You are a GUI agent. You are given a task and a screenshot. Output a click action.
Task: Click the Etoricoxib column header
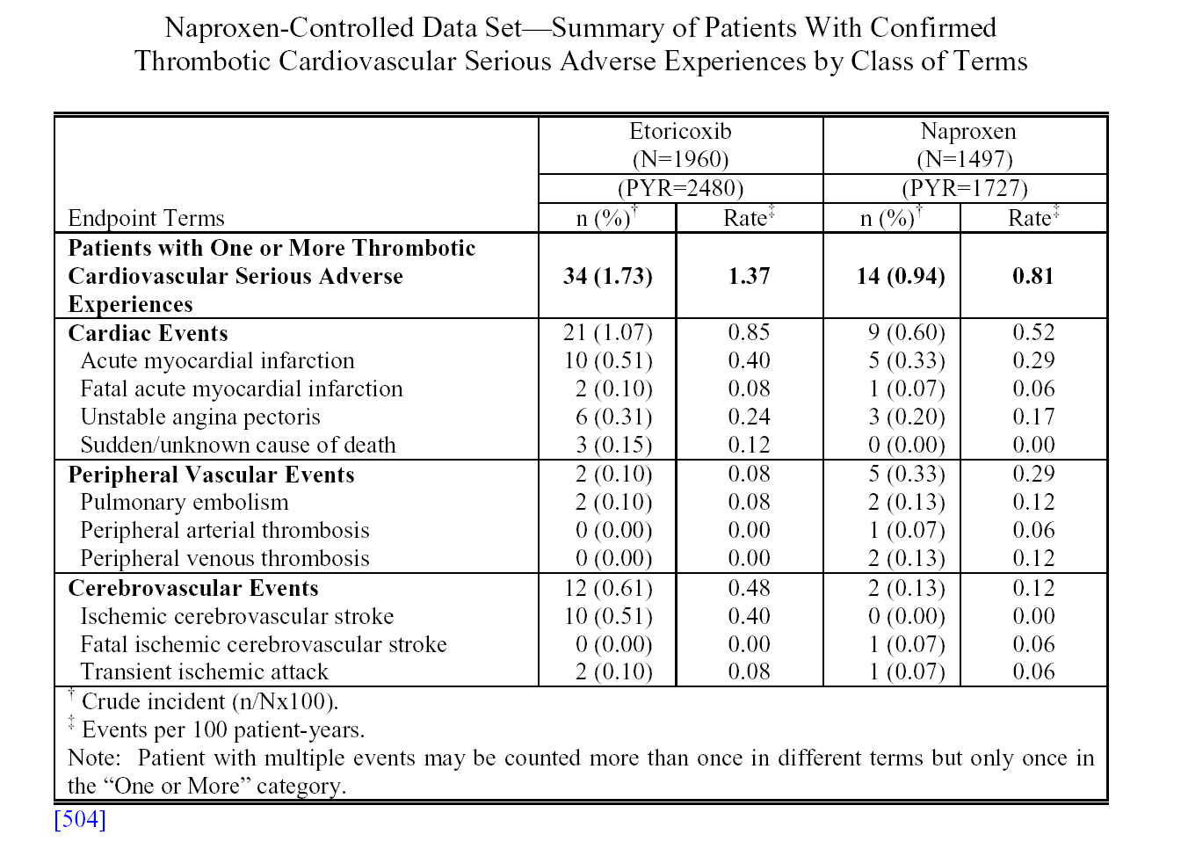coord(680,131)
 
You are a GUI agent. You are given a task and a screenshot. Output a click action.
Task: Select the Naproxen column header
coord(968,131)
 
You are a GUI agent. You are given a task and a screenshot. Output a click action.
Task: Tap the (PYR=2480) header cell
coord(680,188)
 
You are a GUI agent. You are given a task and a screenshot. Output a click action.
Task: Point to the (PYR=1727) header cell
coord(965,188)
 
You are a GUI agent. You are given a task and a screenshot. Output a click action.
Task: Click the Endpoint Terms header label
coord(147,218)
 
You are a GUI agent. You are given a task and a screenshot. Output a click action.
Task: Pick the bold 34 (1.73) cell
coord(607,276)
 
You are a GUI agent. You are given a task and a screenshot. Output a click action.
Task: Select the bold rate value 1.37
coord(749,276)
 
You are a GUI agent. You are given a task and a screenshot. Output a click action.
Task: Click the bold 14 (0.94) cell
coord(901,276)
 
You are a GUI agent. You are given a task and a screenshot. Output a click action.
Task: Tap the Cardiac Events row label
coord(149,333)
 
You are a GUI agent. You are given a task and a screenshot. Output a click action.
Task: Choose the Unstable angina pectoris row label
coord(200,417)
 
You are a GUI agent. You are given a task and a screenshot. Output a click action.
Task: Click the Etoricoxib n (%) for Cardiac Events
coord(607,333)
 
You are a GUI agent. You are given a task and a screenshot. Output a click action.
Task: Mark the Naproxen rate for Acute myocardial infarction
coord(1033,360)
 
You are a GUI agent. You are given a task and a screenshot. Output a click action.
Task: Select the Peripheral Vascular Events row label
coord(211,475)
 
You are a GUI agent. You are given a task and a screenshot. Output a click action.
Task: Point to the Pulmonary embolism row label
coord(185,503)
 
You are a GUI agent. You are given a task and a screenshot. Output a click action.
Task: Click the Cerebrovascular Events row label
coord(193,588)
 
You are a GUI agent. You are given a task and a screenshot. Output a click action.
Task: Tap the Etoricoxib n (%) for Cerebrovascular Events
coord(608,588)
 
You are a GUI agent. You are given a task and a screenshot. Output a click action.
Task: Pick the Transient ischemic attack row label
coord(204,672)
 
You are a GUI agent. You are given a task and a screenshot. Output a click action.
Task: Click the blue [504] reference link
coord(80,819)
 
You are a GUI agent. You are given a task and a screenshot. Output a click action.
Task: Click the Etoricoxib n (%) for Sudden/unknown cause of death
coord(613,446)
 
